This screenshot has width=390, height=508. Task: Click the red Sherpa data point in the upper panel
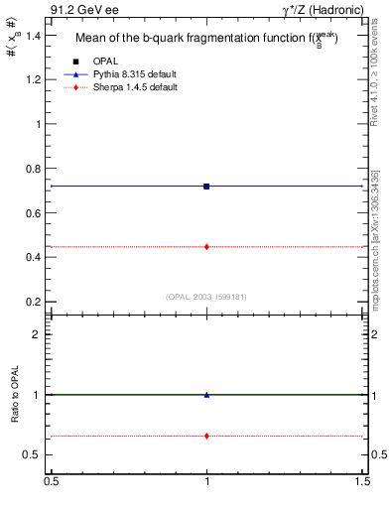[206, 246]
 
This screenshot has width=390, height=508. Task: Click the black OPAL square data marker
[206, 187]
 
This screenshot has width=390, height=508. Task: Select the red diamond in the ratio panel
[206, 436]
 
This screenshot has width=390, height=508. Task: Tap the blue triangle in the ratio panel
[206, 394]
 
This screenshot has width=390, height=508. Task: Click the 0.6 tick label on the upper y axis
[34, 213]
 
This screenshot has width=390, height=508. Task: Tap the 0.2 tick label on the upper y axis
[34, 302]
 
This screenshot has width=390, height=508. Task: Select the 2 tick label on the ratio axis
[39, 334]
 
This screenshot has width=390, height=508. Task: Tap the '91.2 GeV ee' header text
[78, 9]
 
